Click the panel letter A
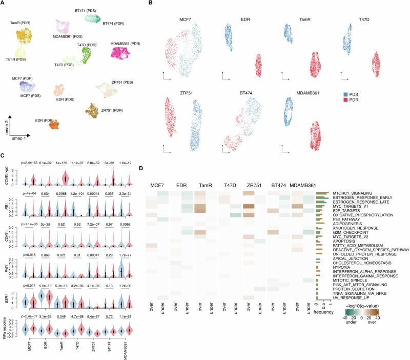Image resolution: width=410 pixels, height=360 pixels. point(4,4)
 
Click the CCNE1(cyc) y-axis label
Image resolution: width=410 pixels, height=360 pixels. point(6,177)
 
